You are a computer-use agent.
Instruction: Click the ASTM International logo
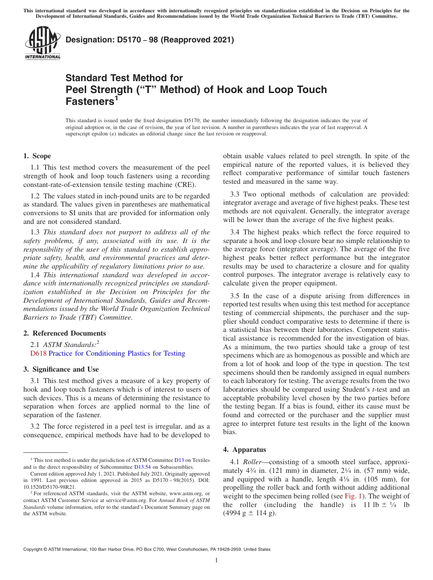[42, 43]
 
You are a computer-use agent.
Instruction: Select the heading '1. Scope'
[37, 156]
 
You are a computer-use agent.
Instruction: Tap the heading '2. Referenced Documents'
[65, 333]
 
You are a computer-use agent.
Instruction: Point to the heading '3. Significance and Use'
[61, 369]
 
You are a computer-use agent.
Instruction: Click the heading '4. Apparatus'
[244, 450]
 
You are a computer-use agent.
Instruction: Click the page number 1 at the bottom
[216, 560]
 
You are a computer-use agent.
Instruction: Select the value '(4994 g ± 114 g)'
[249, 513]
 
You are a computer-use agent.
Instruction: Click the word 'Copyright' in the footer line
[34, 549]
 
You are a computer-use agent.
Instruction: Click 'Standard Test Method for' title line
[124, 78]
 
